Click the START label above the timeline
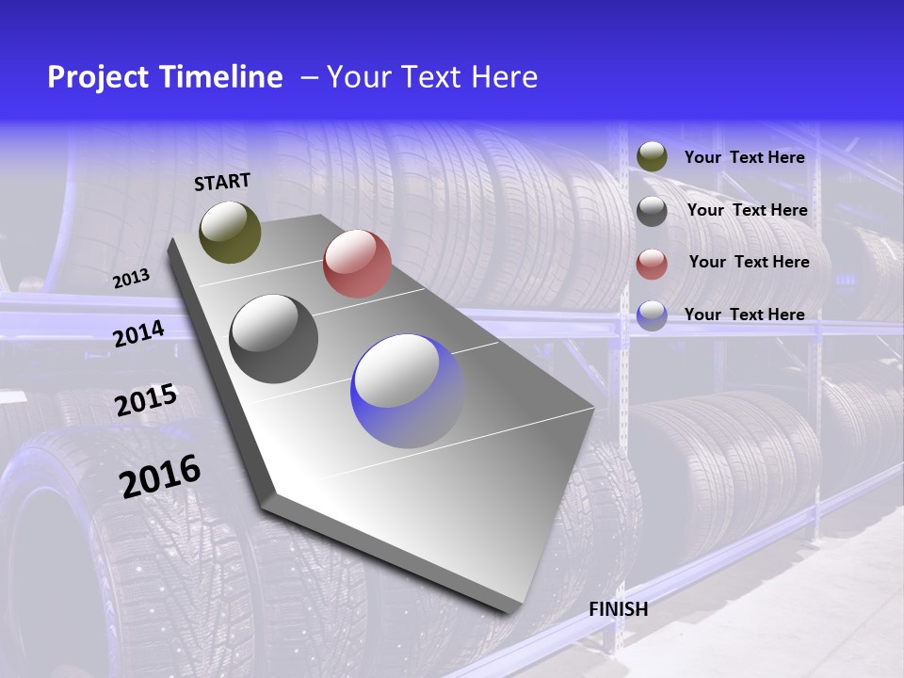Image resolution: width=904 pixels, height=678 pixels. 222,182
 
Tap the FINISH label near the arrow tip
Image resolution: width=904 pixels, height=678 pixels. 619,609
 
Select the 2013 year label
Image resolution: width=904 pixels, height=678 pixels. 131,279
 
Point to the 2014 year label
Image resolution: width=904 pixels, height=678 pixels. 138,333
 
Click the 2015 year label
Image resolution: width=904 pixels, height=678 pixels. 146,400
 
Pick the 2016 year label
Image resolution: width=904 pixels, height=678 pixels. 160,476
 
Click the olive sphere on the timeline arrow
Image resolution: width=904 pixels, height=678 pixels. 230,232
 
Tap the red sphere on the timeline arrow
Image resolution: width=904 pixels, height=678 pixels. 357,264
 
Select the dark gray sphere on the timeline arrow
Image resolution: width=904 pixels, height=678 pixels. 273,339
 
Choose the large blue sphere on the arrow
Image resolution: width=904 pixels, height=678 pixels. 408,391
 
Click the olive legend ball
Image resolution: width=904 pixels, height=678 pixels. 652,157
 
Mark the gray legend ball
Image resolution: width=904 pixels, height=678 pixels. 652,211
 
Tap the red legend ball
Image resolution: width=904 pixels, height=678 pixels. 652,264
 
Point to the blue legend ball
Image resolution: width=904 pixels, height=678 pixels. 652,315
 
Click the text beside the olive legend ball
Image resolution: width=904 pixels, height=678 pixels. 744,157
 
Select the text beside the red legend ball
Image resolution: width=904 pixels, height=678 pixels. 749,262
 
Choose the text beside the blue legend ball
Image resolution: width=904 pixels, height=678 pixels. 744,315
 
